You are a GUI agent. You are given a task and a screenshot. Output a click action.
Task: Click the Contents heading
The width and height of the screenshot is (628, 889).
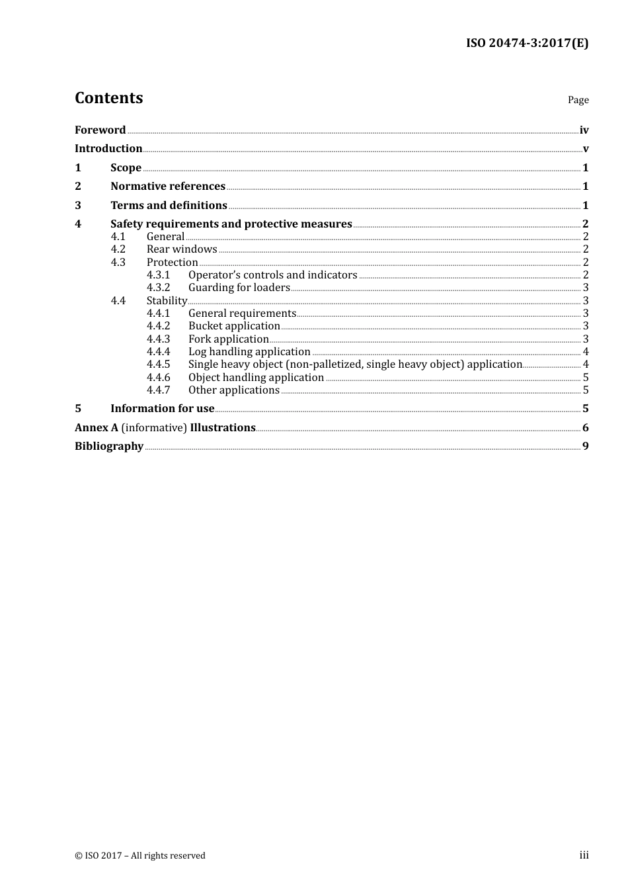click(x=108, y=98)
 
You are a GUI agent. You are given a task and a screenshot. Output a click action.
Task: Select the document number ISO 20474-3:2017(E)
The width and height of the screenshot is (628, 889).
click(x=527, y=44)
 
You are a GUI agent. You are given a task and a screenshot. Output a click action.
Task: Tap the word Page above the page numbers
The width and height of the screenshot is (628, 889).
click(x=578, y=100)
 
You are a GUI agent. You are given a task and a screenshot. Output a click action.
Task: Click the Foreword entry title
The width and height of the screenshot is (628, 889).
click(x=100, y=130)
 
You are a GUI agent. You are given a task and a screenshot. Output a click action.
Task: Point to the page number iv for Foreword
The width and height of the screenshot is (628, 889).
click(x=584, y=130)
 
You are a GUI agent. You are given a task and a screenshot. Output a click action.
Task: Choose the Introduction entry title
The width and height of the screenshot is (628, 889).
click(x=108, y=149)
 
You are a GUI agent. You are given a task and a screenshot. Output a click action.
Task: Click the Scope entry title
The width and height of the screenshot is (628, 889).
click(x=126, y=168)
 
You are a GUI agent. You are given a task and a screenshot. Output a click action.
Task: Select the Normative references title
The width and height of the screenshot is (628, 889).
click(x=168, y=187)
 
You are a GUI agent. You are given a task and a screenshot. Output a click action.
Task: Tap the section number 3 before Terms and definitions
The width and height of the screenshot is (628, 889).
click(x=78, y=206)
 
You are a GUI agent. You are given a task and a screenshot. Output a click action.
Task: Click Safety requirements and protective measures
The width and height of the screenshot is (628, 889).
click(x=231, y=224)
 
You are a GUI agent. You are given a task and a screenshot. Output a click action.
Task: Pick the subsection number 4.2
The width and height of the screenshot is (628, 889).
click(x=118, y=249)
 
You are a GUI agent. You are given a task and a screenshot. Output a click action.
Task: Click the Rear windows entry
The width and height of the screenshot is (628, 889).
click(x=182, y=249)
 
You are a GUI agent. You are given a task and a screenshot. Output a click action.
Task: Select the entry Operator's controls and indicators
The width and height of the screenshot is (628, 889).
click(x=272, y=275)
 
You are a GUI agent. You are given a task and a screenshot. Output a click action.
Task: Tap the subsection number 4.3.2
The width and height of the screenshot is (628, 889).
click(x=158, y=288)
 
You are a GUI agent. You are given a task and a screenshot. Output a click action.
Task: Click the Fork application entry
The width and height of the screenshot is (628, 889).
click(x=228, y=339)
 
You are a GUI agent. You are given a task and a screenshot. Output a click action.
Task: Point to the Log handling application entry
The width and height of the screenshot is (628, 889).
click(x=249, y=352)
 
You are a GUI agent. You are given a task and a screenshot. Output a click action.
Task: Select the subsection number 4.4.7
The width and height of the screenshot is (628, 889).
click(x=158, y=390)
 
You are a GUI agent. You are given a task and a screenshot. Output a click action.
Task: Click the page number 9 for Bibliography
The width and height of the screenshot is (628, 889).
click(x=585, y=446)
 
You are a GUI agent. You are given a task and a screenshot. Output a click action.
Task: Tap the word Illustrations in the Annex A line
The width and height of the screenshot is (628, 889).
click(x=223, y=428)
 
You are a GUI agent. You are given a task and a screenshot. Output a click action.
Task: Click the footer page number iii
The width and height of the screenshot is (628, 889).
click(x=584, y=855)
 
